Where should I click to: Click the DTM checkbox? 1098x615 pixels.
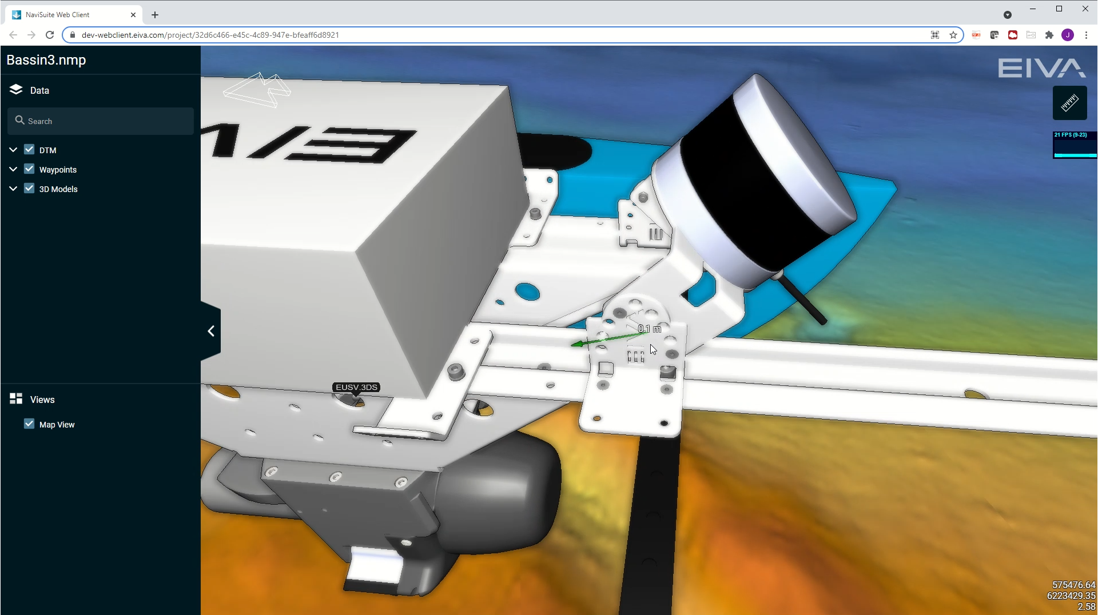click(x=29, y=150)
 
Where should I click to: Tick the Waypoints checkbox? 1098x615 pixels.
click(x=29, y=169)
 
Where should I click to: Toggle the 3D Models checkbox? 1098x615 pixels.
click(x=29, y=189)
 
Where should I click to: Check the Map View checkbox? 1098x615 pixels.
click(x=29, y=424)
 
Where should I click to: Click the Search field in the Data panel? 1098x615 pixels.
click(x=101, y=121)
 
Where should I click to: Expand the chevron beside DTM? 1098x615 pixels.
click(x=13, y=150)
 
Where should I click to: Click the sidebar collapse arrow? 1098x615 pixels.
click(x=211, y=331)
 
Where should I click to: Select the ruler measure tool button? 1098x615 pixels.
click(x=1069, y=103)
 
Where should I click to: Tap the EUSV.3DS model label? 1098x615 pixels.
click(x=356, y=387)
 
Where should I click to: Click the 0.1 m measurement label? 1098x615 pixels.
click(x=650, y=329)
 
